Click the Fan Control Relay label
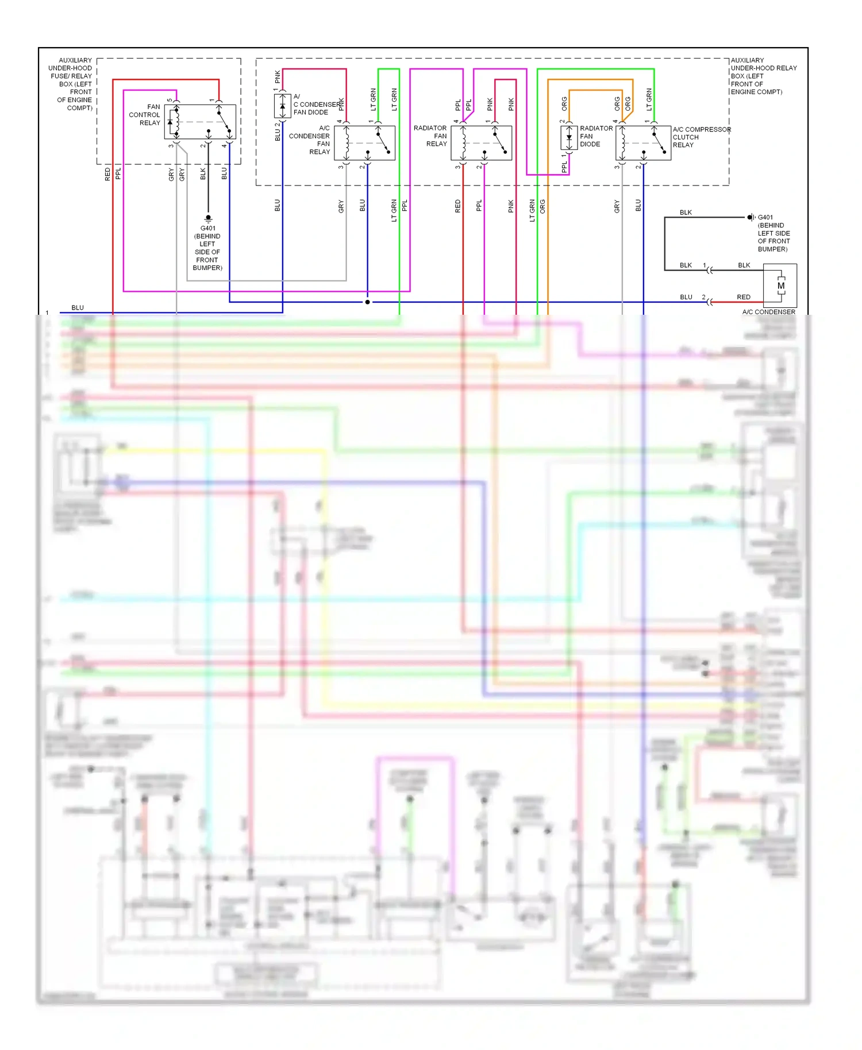145,115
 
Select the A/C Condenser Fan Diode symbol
282,106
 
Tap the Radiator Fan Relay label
430,136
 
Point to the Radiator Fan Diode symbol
569,138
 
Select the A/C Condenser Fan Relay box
364,142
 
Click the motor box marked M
780,285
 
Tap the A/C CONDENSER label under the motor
768,312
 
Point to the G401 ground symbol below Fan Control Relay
208,218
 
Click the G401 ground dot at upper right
750,217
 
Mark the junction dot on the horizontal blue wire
367,302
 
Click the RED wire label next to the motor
743,297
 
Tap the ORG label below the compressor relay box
542,207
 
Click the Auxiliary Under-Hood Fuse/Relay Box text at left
72,84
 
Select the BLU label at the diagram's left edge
78,308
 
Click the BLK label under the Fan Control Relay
203,173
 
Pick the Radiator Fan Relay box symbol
481,142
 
